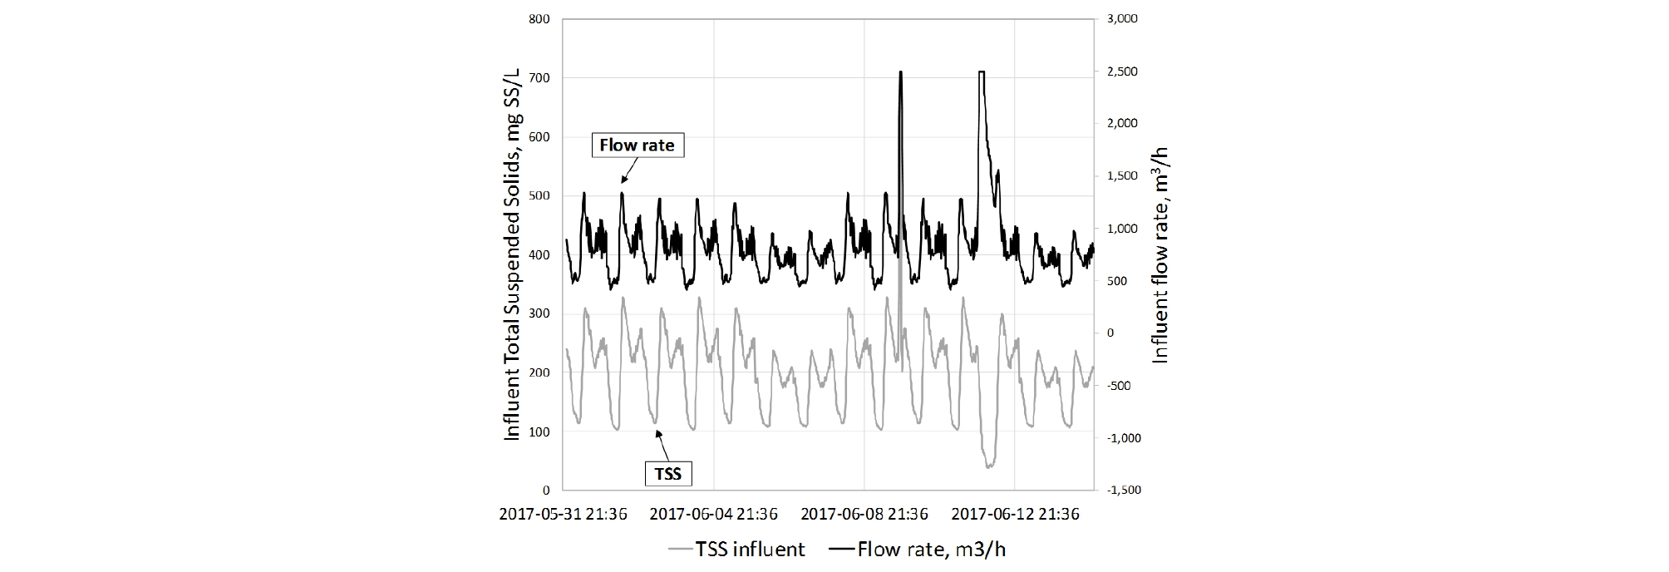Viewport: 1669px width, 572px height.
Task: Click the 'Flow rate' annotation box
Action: point(637,145)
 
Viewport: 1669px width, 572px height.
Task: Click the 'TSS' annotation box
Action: point(668,473)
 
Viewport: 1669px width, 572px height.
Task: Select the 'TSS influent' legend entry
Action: point(736,550)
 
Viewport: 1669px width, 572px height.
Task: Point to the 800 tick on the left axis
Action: point(539,19)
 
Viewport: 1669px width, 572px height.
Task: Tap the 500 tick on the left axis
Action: point(539,196)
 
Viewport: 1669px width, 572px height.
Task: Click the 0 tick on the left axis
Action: point(545,490)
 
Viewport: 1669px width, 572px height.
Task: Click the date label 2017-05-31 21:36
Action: point(563,515)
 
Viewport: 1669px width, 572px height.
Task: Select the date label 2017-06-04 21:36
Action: point(713,515)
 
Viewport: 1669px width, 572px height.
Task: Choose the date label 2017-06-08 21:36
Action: point(864,515)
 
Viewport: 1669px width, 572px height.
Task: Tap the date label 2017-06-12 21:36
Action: point(1015,515)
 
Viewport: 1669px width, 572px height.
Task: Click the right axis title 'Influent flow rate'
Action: point(1161,254)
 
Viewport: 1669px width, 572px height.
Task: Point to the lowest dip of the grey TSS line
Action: point(988,466)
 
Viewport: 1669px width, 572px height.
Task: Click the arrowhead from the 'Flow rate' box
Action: point(622,181)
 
